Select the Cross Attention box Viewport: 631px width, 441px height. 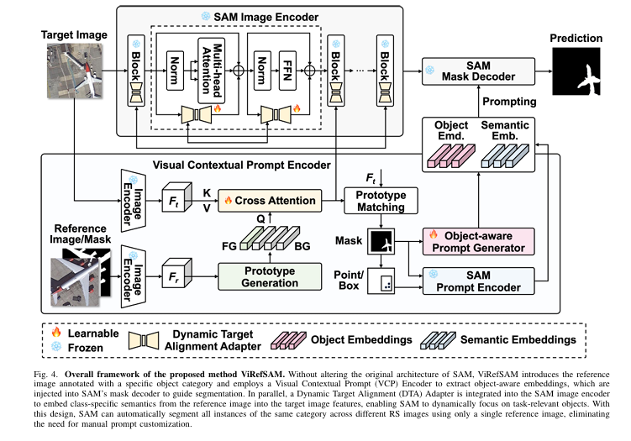(270, 201)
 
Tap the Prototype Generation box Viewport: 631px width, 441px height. (269, 277)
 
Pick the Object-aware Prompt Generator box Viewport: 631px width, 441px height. (476, 242)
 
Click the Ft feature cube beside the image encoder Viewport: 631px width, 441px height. (171, 202)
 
